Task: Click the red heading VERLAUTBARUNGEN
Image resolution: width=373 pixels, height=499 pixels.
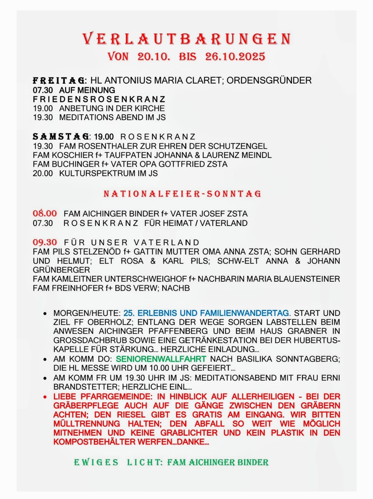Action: point(187,39)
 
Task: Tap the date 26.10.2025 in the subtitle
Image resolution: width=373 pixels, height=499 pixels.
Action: point(235,57)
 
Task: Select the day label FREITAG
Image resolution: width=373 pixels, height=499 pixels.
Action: point(59,81)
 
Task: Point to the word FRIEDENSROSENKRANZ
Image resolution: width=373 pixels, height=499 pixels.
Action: point(99,99)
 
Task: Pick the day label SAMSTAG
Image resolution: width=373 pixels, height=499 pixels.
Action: point(61,136)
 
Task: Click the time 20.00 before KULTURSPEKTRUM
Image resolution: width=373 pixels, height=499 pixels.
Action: point(43,173)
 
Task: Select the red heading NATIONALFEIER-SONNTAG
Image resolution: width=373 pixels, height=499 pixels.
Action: point(182,194)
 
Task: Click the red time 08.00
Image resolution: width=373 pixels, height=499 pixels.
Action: point(45,213)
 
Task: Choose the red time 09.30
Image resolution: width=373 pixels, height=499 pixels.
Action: point(45,242)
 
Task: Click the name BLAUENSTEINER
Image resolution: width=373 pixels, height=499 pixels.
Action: point(307,279)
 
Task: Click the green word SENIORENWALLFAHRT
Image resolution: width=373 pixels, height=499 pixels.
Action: point(161,359)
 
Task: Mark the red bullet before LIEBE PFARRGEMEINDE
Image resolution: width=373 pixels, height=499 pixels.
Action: point(45,397)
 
